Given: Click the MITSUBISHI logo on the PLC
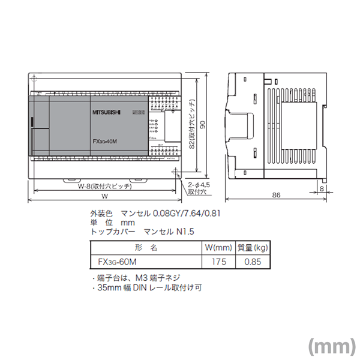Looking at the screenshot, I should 107,112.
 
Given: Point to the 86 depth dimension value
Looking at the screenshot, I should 276,196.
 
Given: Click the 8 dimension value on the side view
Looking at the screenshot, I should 323,188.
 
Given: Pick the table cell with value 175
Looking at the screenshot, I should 214,262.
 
